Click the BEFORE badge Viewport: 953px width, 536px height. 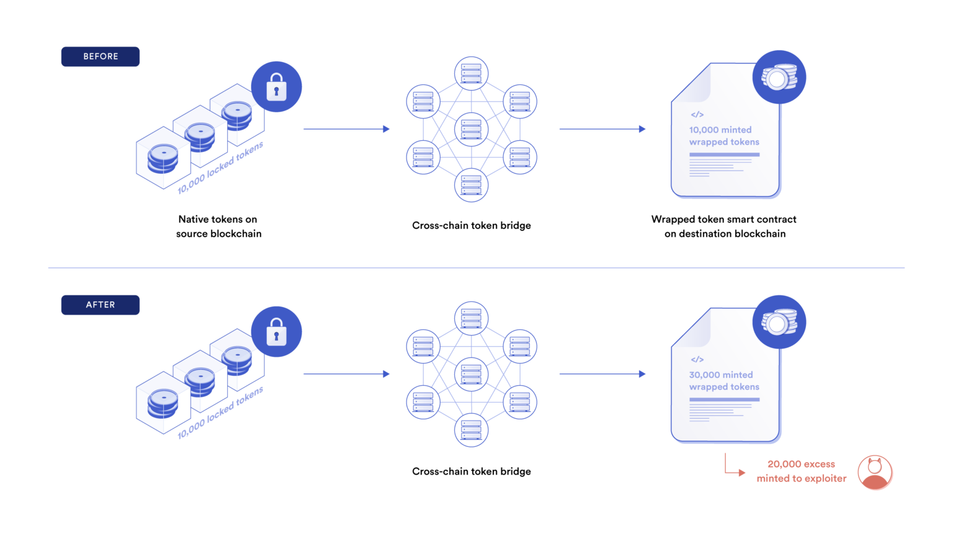click(101, 56)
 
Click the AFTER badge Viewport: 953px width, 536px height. click(101, 305)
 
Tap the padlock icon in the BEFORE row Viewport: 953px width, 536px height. click(277, 87)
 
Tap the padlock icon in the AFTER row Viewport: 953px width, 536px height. click(277, 332)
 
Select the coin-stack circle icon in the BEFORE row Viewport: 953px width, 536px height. click(779, 78)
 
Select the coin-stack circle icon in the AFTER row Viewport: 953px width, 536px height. click(779, 323)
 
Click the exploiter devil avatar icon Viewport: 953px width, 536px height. click(875, 473)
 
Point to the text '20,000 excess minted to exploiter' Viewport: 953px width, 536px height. click(801, 471)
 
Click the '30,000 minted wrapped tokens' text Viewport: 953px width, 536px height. click(724, 381)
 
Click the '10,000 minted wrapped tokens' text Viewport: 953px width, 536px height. click(724, 136)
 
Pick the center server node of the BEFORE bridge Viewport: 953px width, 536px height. click(472, 130)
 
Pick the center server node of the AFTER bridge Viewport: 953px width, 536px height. click(472, 375)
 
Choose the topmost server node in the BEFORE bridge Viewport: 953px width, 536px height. click(472, 73)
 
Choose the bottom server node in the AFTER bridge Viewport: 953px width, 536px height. click(472, 430)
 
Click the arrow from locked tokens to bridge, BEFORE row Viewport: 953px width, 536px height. click(346, 129)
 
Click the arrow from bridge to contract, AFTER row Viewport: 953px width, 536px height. click(602, 374)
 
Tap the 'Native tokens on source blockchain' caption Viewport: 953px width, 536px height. click(218, 226)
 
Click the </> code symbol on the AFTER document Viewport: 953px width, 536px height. click(697, 360)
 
